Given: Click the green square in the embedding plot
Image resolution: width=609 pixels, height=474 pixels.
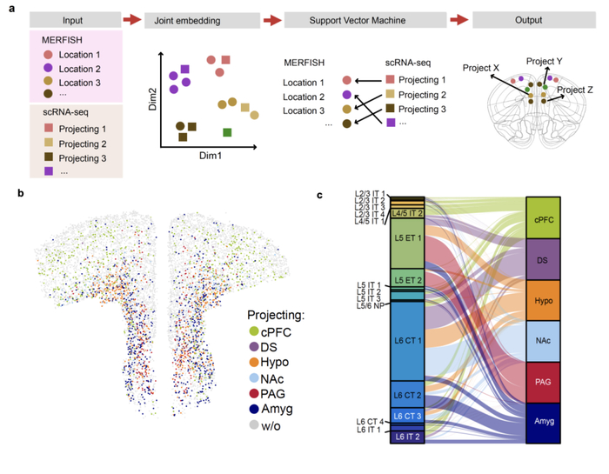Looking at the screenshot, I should click(227, 132).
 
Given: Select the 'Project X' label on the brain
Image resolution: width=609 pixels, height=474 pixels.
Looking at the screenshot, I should click(481, 67).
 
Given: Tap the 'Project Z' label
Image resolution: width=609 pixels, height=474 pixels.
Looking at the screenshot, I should click(575, 89).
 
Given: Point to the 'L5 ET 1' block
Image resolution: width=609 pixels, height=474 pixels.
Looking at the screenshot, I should click(406, 241).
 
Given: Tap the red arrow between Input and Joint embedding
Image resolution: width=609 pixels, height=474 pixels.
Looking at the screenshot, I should click(131, 18).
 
